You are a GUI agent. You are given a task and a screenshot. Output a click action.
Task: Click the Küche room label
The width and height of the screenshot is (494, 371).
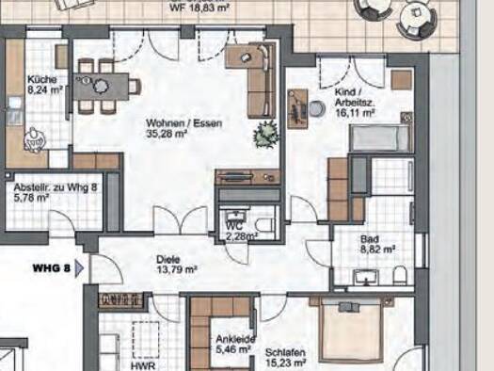42,79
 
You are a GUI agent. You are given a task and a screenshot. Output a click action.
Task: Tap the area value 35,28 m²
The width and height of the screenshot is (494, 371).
167,134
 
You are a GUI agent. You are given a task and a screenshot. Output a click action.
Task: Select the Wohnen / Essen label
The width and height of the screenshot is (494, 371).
184,123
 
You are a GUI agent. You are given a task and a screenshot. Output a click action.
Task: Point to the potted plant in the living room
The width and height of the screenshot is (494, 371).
266,135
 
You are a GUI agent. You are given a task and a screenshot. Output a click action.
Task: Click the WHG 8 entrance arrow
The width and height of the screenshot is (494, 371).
79,268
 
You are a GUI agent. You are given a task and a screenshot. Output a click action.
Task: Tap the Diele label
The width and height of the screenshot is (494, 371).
168,259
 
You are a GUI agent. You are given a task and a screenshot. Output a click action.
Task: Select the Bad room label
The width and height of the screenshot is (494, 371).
370,239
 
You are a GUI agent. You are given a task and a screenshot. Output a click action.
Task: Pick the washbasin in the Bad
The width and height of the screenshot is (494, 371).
366,277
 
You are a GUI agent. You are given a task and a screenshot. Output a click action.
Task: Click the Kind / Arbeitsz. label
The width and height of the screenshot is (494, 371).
355,97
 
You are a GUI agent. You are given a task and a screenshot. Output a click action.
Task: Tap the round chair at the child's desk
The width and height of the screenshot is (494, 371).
317,107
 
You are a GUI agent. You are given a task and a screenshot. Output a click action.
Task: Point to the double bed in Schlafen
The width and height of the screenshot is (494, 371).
352,331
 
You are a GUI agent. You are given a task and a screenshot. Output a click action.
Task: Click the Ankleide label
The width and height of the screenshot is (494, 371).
235,340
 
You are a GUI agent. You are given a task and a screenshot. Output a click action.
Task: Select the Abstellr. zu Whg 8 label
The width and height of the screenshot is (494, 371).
56,187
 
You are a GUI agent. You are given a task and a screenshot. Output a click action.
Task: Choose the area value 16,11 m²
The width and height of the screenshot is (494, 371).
356,113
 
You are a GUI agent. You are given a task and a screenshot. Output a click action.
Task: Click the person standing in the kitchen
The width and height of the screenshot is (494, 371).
33,140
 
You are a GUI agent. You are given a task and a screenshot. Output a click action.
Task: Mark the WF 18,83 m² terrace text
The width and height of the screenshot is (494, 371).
199,8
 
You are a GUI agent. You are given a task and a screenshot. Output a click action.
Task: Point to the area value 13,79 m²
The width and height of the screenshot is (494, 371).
177,269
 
